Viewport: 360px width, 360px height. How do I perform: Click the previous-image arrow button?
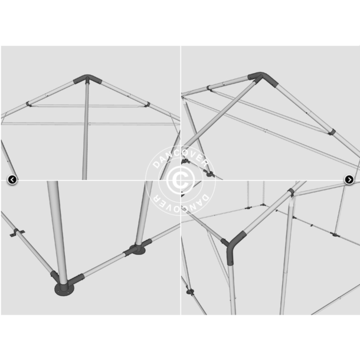tap(12, 179)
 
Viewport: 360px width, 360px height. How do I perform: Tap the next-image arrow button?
tap(349, 179)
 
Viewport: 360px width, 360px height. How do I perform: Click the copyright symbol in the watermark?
tap(180, 181)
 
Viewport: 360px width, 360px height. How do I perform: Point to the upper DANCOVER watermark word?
tap(181, 158)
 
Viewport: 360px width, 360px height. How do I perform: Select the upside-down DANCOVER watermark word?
tap(181, 203)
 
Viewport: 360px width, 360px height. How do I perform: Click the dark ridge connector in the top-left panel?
tap(87, 79)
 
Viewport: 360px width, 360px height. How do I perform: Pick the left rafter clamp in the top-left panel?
tap(29, 104)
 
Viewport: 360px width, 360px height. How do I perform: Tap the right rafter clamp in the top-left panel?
tap(147, 104)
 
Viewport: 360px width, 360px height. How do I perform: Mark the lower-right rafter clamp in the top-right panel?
tap(332, 132)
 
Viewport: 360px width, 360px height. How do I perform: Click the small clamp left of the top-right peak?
tap(209, 88)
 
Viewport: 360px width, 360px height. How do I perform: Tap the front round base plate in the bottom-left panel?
tap(64, 289)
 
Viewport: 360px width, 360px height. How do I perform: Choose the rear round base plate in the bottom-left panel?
tap(138, 250)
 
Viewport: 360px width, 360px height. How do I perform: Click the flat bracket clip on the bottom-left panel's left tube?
tap(17, 233)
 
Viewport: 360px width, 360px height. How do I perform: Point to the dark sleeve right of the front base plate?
tap(76, 279)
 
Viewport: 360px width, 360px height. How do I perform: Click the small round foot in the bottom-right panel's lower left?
tap(190, 292)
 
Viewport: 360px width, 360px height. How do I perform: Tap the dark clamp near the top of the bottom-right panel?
tap(291, 192)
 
